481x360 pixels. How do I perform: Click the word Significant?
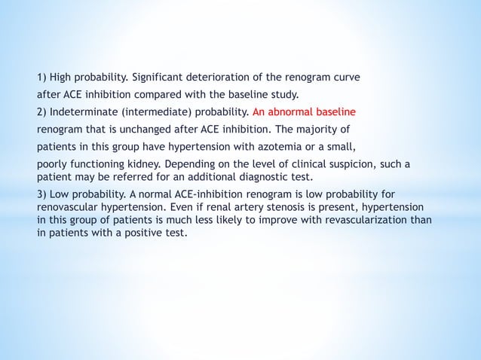159,78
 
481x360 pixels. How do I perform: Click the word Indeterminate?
85,112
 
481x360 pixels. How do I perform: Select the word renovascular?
66,207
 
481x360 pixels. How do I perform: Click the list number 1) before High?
43,78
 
